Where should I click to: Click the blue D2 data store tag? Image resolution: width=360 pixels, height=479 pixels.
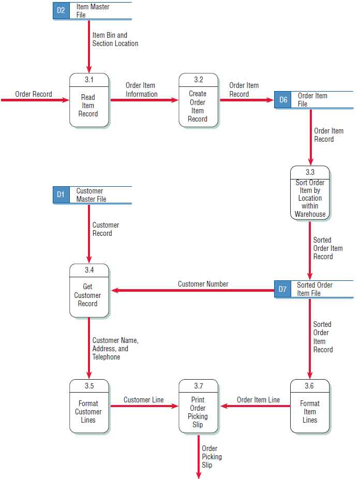coord(61,11)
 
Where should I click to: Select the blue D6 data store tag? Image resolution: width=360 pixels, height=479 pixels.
coord(283,100)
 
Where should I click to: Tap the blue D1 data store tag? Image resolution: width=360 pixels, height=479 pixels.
coord(61,195)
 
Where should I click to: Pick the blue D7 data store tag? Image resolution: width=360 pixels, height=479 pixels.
coord(282,289)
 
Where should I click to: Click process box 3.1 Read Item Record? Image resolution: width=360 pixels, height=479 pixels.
coord(89,100)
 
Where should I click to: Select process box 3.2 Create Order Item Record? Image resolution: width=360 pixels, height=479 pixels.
coord(198,100)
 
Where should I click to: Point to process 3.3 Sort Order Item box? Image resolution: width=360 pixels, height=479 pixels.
coord(310,193)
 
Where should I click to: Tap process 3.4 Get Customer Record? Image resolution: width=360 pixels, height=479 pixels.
coord(89,291)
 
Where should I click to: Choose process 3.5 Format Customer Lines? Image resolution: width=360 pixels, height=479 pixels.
coord(89,407)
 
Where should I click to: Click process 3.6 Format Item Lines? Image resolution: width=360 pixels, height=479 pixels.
coord(310,407)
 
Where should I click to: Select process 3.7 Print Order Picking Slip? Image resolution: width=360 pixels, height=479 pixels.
coord(198,407)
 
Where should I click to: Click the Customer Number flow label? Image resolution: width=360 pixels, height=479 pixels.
coord(203,284)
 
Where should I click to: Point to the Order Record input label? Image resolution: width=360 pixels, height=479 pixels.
coord(34,94)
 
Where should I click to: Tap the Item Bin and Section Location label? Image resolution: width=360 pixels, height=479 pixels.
coord(115,39)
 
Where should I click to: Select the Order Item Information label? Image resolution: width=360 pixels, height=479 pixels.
coord(141,89)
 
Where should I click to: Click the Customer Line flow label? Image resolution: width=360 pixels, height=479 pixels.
coord(143,400)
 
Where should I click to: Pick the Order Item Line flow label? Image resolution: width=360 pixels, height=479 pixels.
coord(258,400)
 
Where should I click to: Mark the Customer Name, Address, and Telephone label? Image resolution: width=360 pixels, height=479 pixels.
coord(115,349)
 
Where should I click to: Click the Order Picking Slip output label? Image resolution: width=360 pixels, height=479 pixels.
coord(212,457)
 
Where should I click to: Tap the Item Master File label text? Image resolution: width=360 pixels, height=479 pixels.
coord(93,11)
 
